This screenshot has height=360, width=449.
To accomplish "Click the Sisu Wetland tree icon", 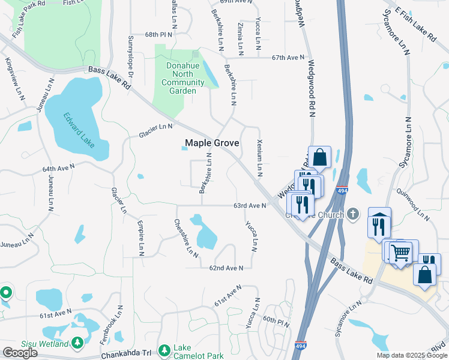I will click(77, 343).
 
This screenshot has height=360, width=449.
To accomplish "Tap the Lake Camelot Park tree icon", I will click(164, 350).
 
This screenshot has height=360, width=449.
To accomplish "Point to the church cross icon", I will click(354, 214).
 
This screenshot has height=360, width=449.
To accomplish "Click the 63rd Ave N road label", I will click(250, 206).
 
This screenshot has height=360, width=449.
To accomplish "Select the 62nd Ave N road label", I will click(226, 268).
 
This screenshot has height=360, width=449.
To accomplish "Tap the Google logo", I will click(20, 353).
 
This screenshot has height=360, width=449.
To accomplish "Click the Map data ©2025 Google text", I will click(412, 355).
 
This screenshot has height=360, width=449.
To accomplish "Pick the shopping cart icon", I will click(400, 252).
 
